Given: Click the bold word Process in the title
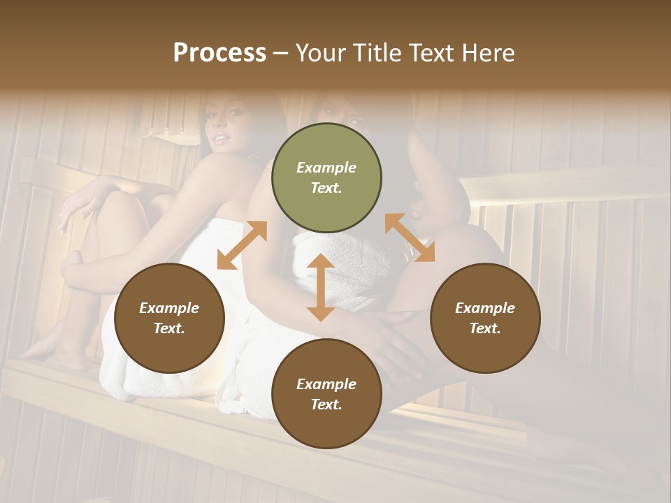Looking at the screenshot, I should click(219, 53).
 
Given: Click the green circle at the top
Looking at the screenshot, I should click(326, 177).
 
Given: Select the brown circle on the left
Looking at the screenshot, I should click(169, 318).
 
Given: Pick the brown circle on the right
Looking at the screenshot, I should click(484, 318).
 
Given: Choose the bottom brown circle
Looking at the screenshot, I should click(326, 394).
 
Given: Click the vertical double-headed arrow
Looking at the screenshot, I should click(321, 287).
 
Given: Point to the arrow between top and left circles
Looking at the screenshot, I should click(242, 245).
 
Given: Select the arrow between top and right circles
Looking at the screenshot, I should click(410, 238).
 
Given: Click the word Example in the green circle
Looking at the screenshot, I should click(326, 168).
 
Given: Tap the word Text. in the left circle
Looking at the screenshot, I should click(169, 328).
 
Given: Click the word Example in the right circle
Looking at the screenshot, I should click(484, 308).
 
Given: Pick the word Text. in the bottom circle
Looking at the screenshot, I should click(326, 404).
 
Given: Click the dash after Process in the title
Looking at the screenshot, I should click(280, 53).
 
